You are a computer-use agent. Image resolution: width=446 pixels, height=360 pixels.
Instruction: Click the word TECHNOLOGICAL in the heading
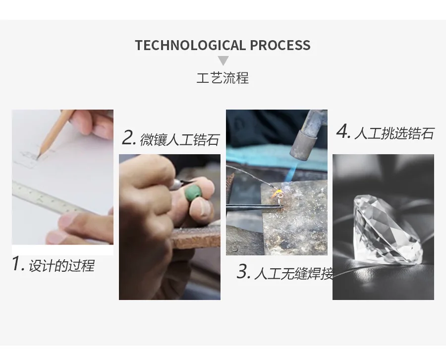tap(190, 45)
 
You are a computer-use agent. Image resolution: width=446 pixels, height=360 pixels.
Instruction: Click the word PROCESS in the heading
tap(280, 45)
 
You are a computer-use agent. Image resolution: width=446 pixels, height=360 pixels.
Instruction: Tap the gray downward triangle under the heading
tap(223, 60)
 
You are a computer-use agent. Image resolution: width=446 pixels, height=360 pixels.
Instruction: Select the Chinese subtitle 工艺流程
tap(223, 78)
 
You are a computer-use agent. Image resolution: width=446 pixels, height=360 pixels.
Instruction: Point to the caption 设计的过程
tap(61, 265)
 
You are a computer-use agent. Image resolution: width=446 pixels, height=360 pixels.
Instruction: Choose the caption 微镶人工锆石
tap(180, 140)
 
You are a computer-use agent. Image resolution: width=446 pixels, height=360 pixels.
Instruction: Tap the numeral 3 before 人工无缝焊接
tap(243, 272)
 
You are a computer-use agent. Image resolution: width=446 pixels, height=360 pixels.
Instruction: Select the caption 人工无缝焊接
tap(293, 274)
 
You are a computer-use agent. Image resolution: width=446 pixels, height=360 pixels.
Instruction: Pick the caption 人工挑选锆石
tap(394, 133)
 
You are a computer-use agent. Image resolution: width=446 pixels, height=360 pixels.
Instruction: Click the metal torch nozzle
tap(304, 145)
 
